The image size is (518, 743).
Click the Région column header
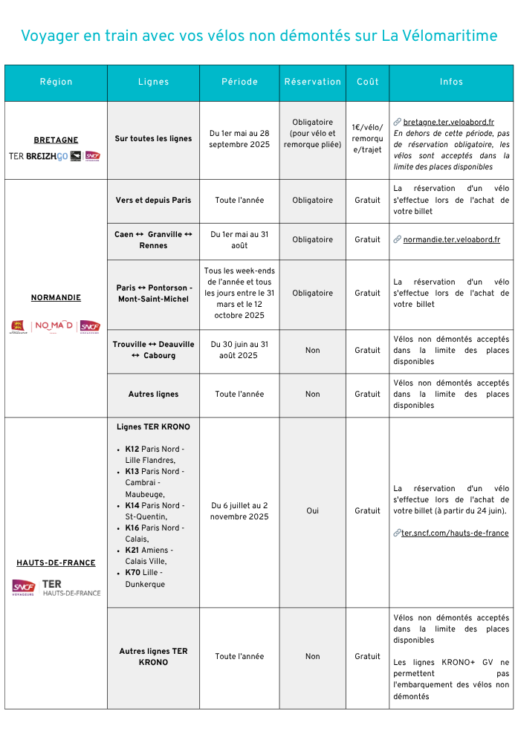click(56, 82)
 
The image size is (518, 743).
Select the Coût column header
click(367, 82)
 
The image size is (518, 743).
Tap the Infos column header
click(451, 82)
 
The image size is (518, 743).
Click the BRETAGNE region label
click(56, 140)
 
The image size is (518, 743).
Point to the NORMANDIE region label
click(56, 297)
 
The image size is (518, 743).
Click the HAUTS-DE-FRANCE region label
click(56, 562)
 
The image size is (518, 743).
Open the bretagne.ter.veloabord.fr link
click(448, 122)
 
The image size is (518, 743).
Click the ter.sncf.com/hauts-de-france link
click(455, 533)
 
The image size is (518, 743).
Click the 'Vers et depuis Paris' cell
click(153, 200)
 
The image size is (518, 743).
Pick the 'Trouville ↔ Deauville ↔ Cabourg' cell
click(153, 350)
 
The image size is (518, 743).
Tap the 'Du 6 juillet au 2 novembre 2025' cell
click(239, 510)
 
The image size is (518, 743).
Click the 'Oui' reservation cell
click(312, 510)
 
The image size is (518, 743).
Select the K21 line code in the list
click(132, 550)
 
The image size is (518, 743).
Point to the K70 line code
click(132, 573)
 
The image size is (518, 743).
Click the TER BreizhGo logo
click(39, 156)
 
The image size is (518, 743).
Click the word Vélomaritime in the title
click(439, 36)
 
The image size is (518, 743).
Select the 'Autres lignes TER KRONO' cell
click(153, 656)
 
